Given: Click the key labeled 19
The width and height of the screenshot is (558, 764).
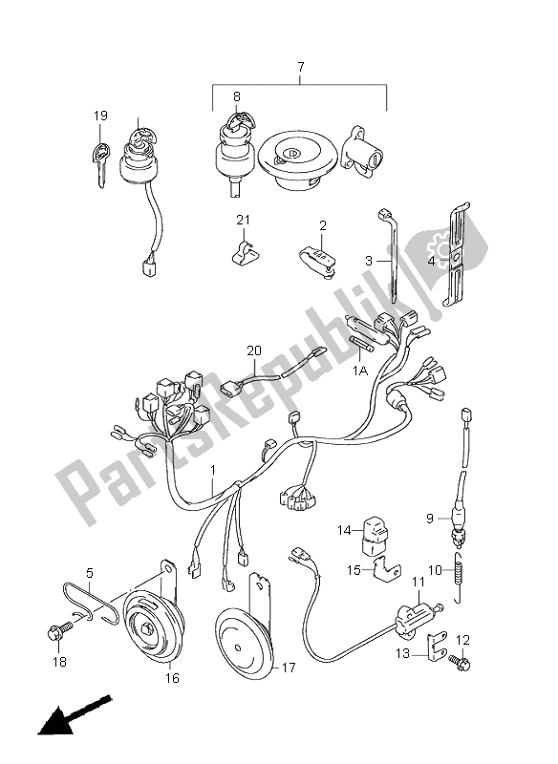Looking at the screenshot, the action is tap(100, 164).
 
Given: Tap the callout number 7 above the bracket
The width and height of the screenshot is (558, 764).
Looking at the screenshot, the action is tap(301, 66).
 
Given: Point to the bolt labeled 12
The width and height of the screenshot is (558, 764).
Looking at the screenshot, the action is tap(459, 662).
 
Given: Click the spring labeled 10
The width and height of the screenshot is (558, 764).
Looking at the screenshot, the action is tap(460, 578).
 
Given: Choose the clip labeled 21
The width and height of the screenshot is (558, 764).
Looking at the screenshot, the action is tap(244, 251).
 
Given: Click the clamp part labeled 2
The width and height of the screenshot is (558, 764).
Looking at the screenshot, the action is tap(318, 261).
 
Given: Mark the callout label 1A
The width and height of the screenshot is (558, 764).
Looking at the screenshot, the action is tap(360, 371).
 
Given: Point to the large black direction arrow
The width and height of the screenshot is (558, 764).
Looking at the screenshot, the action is tap(75, 716).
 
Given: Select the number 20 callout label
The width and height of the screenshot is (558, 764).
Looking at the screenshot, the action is tap(254, 350).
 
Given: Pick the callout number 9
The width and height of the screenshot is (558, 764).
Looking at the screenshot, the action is tap(429, 518).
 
